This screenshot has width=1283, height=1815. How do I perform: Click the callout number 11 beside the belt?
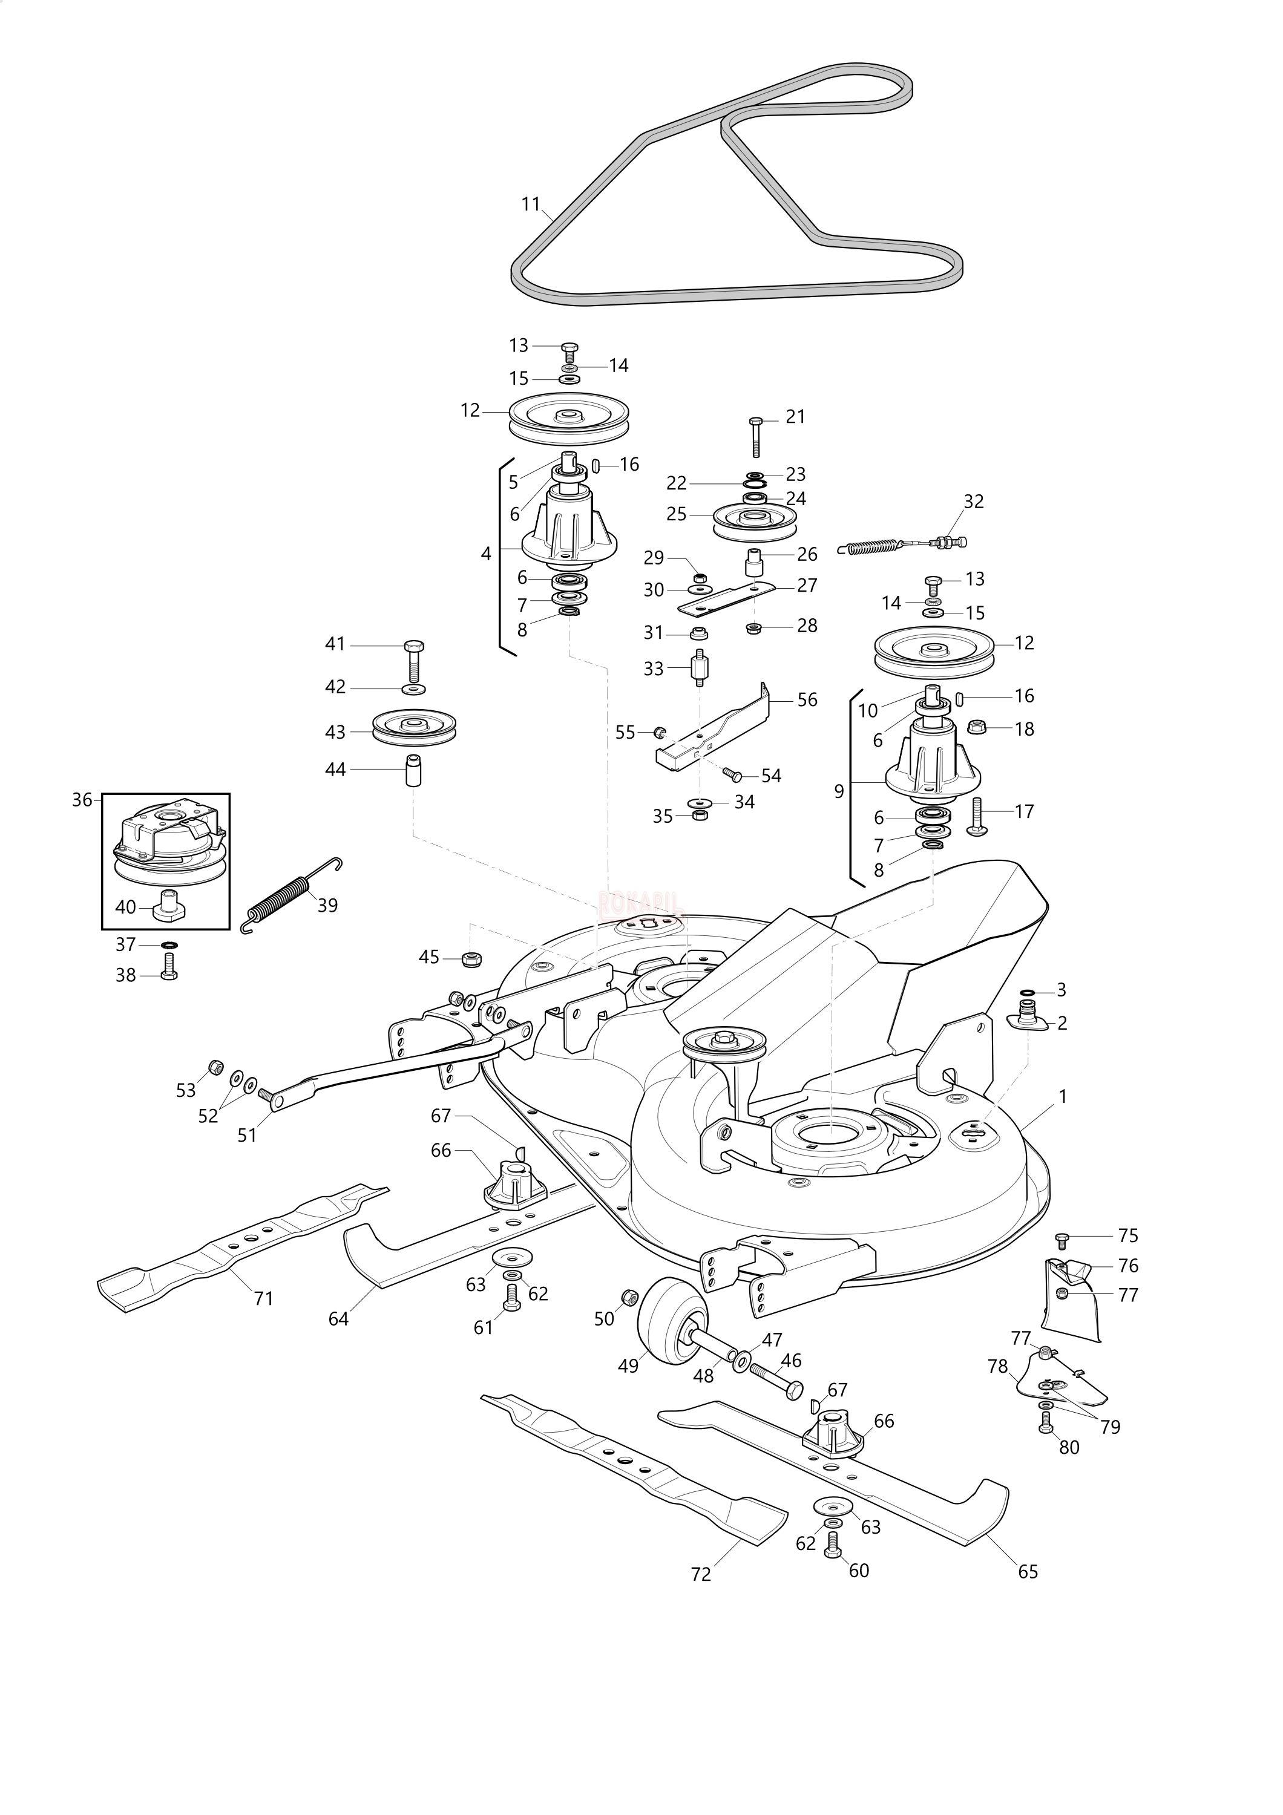[x=530, y=204]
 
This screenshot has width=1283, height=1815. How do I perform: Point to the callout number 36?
[x=82, y=800]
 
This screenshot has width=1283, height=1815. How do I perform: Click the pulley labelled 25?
[x=753, y=520]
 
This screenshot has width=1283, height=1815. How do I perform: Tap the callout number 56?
[x=807, y=699]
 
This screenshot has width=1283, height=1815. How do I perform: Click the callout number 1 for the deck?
[x=1063, y=1096]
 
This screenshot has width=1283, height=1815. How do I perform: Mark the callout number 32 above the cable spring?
[x=973, y=501]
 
